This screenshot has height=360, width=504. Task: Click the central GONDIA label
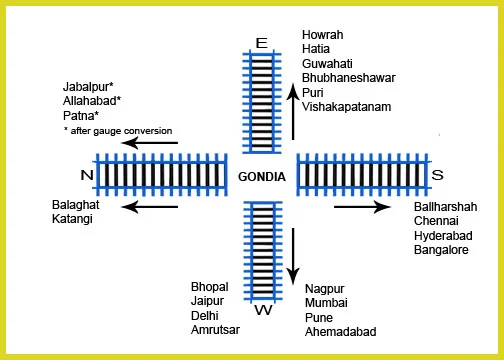(262, 177)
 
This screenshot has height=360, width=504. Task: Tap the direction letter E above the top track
(262, 43)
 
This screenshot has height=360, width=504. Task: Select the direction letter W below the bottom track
(263, 310)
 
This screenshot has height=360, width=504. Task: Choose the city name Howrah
(323, 35)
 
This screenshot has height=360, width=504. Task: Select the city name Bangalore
(441, 251)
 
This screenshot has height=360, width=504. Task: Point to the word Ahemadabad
(342, 332)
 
